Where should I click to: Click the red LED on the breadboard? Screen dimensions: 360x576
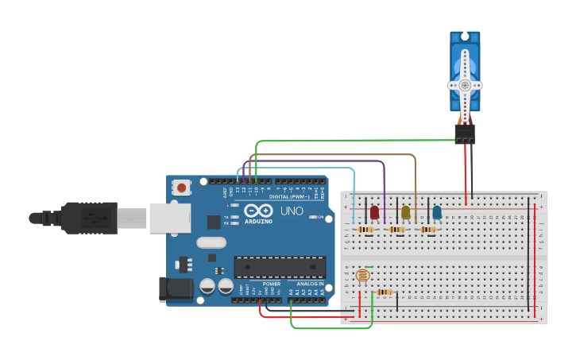point(374,212)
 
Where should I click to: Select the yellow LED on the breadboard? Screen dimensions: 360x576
point(405,212)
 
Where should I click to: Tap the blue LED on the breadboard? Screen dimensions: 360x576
point(436,212)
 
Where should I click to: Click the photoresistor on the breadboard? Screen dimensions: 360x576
point(362,276)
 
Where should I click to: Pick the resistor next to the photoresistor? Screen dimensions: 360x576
point(385,292)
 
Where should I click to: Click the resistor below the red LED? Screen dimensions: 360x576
point(365,230)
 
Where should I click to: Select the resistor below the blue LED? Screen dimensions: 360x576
point(428,230)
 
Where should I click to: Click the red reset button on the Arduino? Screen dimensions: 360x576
point(182,188)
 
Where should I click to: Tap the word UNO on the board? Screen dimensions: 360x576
point(292,211)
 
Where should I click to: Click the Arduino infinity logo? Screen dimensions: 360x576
point(259,211)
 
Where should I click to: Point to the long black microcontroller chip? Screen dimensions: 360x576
point(279,267)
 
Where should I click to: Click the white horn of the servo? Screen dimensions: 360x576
point(464,84)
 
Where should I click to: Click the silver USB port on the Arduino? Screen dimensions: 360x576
point(169,217)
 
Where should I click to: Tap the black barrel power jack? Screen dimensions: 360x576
point(175,289)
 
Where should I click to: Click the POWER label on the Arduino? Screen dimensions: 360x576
point(271,284)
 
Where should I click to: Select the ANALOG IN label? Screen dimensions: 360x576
point(310,284)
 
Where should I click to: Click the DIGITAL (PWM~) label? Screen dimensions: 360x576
point(289,195)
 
